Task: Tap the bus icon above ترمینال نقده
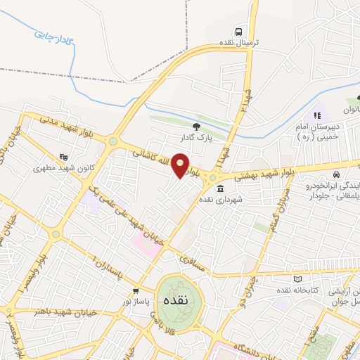(240, 32)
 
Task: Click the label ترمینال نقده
(240, 43)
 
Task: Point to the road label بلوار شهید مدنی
(68, 124)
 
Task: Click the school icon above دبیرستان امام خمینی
(317, 115)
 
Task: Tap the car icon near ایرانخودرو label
(338, 174)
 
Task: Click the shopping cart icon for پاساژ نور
(136, 290)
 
